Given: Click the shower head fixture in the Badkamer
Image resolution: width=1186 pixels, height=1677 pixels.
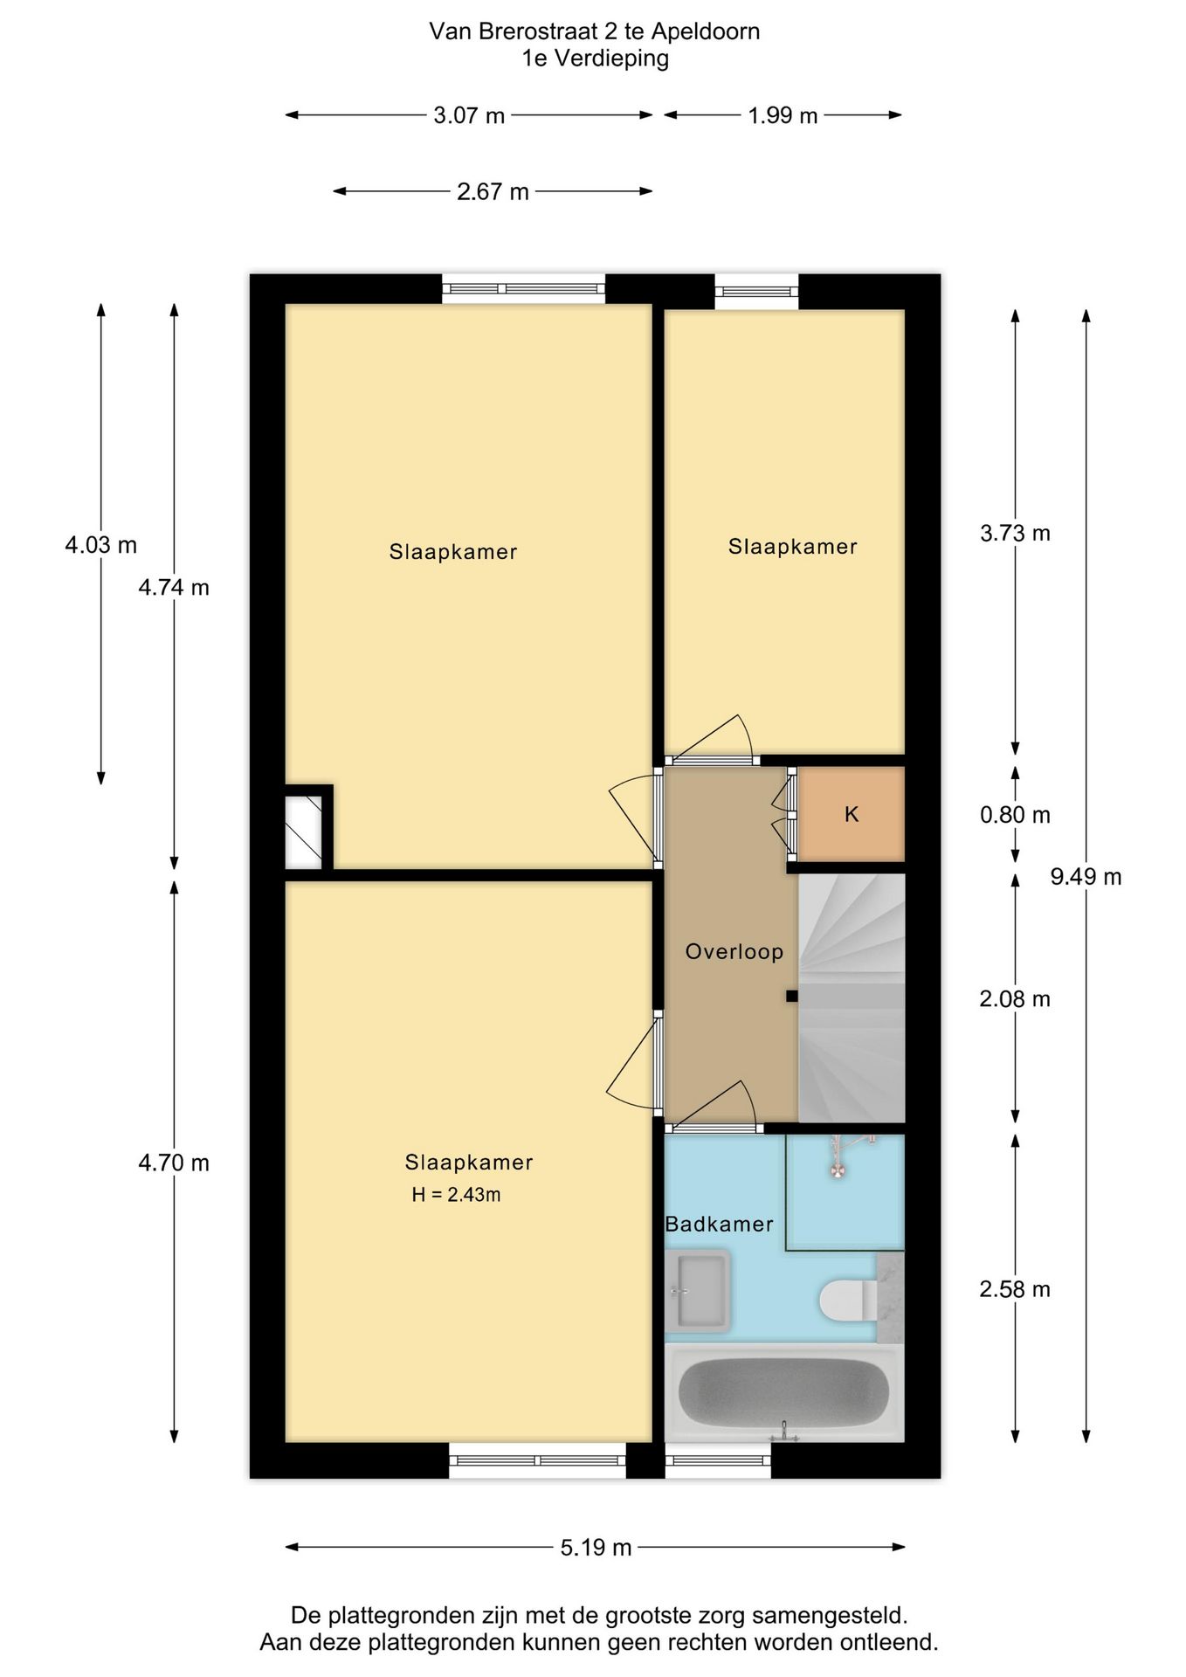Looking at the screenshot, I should (x=838, y=1169).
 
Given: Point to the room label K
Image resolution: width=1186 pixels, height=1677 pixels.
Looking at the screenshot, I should (x=852, y=815).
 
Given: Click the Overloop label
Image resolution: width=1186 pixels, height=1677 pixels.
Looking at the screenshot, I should (x=734, y=952).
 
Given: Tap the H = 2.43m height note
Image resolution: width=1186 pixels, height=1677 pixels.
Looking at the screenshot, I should (x=456, y=1195).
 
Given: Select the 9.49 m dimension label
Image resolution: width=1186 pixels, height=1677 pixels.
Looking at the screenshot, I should (x=1086, y=877).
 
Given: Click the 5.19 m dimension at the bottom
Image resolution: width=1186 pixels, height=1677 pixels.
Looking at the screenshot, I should (x=596, y=1548).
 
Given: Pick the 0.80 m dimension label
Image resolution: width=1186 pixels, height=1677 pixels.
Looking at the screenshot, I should (x=1015, y=815).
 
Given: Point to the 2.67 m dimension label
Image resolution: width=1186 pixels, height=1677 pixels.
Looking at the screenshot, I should (x=493, y=191).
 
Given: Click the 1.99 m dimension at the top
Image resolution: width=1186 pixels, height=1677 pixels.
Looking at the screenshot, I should (x=783, y=115).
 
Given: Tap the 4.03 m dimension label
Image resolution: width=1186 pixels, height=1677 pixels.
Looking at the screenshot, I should (x=100, y=545).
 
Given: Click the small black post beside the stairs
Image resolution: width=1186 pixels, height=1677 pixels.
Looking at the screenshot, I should (x=791, y=996).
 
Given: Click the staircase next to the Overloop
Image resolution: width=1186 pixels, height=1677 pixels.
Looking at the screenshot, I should (x=852, y=997).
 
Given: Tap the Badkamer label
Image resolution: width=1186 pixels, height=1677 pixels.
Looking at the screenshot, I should (x=719, y=1225).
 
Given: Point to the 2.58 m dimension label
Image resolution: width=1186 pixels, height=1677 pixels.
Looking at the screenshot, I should (x=1015, y=1289).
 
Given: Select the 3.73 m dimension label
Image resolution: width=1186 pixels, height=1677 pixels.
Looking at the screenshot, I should (x=1015, y=533).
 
